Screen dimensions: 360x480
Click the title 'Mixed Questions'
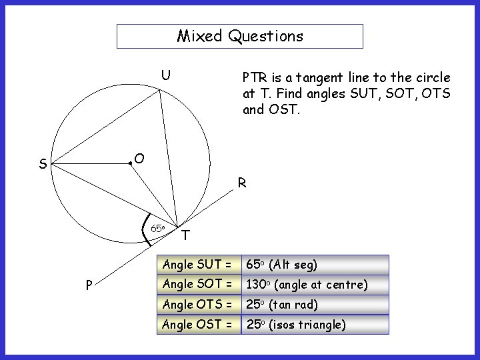click(240, 36)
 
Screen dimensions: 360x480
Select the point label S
click(43, 164)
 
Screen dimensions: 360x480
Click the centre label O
click(139, 158)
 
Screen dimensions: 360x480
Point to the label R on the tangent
click(242, 183)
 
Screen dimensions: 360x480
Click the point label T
click(185, 235)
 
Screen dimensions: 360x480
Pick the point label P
click(89, 285)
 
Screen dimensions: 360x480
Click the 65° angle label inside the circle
click(157, 228)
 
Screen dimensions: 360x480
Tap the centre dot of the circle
click(130, 163)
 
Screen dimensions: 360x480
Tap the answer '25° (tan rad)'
click(283, 305)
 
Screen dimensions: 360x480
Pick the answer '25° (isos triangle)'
click(297, 325)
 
